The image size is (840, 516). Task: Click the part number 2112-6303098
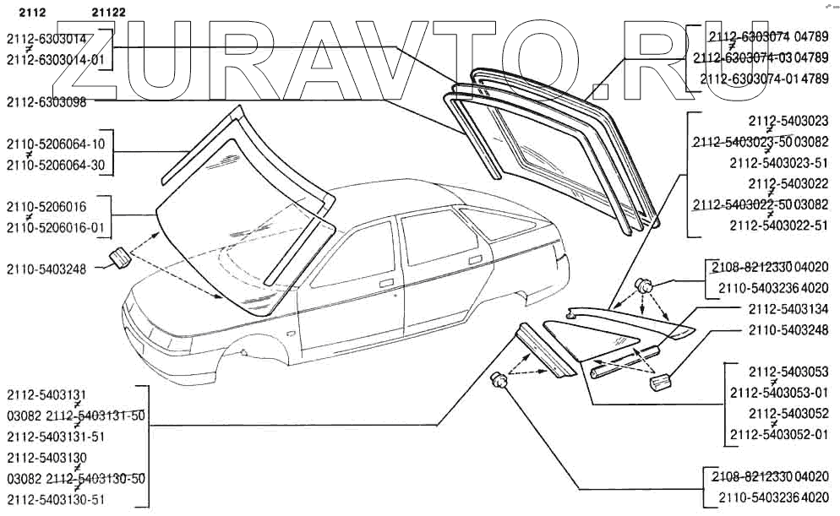tap(51, 100)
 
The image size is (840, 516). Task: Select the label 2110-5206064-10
tap(56, 144)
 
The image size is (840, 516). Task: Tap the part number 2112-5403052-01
tap(779, 434)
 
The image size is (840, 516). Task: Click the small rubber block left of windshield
tap(121, 257)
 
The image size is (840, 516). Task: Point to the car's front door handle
tap(385, 283)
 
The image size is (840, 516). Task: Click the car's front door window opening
tap(355, 249)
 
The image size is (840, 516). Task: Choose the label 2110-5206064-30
tap(56, 165)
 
